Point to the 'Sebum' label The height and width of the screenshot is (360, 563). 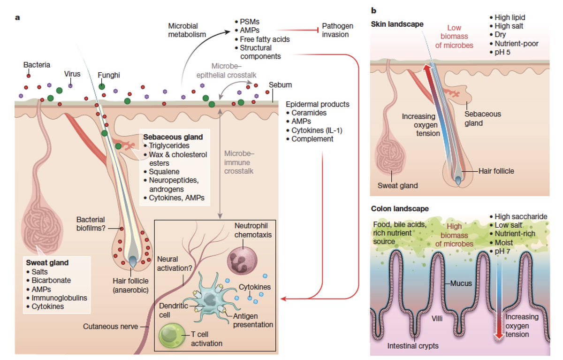(x=281, y=85)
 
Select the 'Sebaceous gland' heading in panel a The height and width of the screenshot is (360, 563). (x=174, y=137)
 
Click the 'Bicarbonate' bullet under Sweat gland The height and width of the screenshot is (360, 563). (x=51, y=280)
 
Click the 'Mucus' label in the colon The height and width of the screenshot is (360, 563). (x=461, y=283)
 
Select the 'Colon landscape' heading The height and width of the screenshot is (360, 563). (x=394, y=208)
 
